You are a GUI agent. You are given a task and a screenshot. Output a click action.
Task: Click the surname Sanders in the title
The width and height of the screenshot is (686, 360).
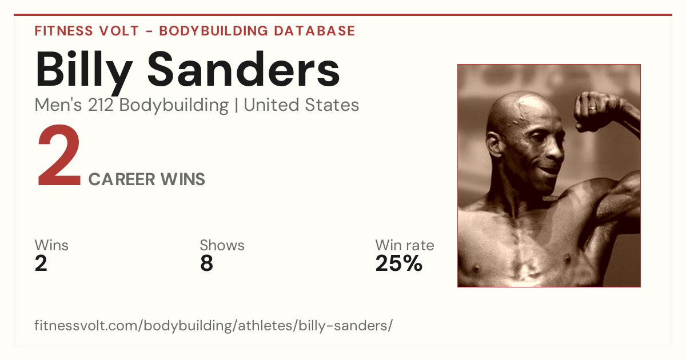244,69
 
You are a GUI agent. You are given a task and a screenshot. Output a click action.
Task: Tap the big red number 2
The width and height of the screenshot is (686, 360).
59,155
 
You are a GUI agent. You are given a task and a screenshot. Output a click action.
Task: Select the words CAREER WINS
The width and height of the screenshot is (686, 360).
147,179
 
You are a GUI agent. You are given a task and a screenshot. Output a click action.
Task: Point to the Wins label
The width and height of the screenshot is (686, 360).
51,245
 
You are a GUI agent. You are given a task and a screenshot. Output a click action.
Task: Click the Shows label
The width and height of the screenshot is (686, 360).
222,245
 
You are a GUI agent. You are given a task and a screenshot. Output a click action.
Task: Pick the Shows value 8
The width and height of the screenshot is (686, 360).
206,263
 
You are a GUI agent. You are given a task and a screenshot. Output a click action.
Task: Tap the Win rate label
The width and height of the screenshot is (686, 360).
405,245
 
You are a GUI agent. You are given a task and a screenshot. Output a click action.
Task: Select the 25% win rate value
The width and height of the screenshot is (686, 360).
399,263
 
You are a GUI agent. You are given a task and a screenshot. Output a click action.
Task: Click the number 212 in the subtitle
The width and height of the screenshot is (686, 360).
101,105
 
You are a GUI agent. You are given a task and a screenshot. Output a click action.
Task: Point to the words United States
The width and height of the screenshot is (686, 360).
301,105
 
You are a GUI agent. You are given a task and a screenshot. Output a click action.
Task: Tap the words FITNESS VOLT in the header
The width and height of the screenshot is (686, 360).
87,31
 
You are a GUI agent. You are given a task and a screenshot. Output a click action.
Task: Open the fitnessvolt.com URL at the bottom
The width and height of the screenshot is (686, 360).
213,325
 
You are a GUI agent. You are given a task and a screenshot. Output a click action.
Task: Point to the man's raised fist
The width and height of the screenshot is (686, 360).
593,112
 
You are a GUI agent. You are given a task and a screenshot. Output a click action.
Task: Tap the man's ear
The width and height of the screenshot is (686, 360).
494,145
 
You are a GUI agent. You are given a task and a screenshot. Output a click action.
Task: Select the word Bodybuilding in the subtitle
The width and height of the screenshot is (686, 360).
174,106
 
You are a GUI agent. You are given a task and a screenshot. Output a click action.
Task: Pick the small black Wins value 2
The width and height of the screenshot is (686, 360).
41,263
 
